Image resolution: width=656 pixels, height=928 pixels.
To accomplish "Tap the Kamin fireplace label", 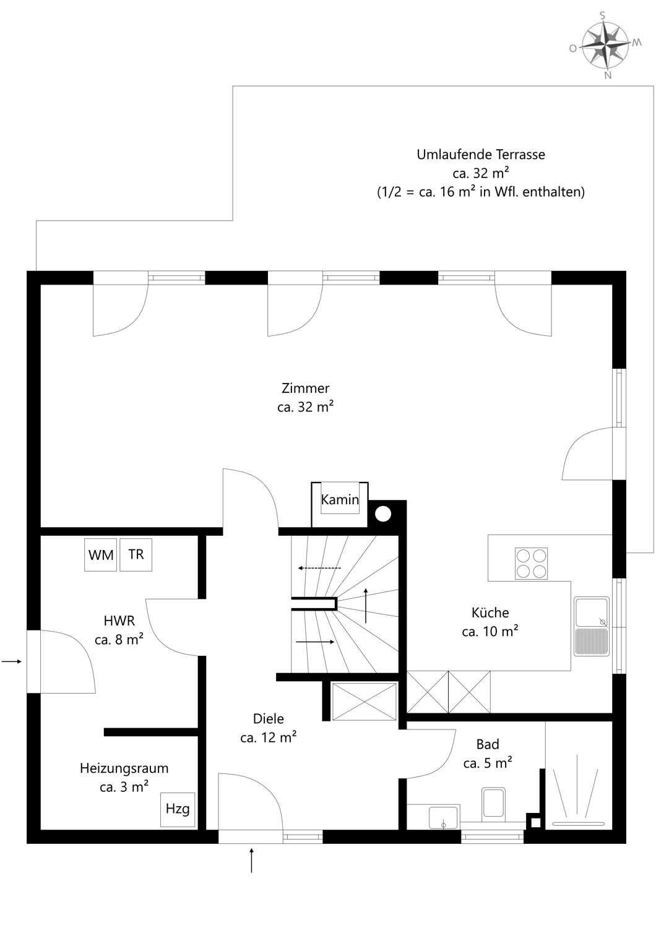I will (x=340, y=500).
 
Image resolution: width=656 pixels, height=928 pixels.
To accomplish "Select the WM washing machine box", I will (x=100, y=555).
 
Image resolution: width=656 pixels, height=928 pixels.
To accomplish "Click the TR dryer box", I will (x=136, y=554).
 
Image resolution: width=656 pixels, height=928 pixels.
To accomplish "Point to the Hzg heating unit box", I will (x=178, y=809).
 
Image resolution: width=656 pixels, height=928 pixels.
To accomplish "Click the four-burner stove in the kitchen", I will (x=531, y=564).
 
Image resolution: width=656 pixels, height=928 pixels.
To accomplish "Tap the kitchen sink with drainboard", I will (x=592, y=625).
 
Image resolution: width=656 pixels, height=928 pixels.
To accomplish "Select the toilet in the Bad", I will (x=493, y=804).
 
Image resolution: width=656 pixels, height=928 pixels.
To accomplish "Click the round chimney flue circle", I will (x=383, y=513).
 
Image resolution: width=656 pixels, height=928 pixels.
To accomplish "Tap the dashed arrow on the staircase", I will (x=319, y=568).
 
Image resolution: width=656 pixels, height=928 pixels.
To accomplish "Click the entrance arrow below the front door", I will (x=251, y=861).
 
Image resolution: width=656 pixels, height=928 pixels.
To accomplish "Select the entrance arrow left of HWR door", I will (x=12, y=661).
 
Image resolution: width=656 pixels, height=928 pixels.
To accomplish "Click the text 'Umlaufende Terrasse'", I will (x=481, y=155).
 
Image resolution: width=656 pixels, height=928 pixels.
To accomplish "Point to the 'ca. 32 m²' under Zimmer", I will (x=305, y=407).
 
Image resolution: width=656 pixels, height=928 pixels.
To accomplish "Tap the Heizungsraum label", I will (x=124, y=768).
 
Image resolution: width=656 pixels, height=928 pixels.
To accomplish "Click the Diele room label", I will (x=269, y=719).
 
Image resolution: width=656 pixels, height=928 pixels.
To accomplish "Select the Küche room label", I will (x=490, y=613).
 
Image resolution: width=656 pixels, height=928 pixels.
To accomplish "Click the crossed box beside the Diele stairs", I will (x=364, y=701).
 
